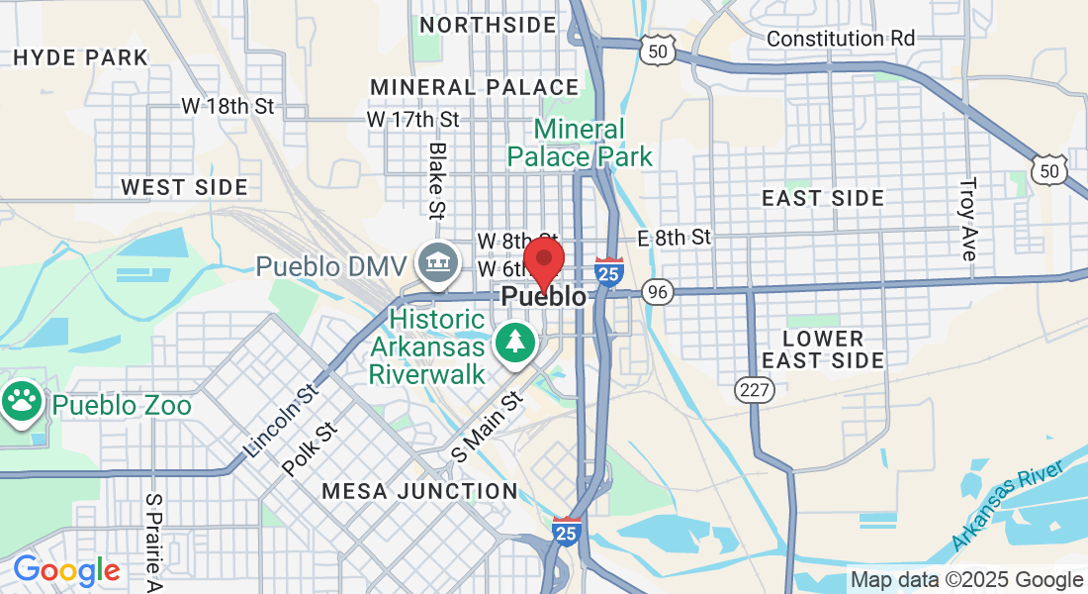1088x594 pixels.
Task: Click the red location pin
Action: click(543, 260)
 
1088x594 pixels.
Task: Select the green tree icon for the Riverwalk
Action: click(514, 343)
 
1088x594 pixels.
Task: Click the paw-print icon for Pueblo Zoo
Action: click(23, 401)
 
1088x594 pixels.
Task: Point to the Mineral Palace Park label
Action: click(581, 143)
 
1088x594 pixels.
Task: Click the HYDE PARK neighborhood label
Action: click(81, 57)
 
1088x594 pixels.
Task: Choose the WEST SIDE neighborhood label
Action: click(184, 187)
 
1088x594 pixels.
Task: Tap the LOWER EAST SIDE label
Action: click(823, 349)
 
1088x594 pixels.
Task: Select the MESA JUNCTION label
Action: click(419, 491)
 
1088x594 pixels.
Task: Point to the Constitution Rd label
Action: click(841, 39)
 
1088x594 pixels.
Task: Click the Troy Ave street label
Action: click(968, 219)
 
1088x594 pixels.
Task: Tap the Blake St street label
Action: click(436, 179)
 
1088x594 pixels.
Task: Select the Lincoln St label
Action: click(279, 421)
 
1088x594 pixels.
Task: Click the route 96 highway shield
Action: click(657, 292)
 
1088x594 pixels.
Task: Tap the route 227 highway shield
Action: click(754, 390)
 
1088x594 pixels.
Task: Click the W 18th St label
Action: click(227, 106)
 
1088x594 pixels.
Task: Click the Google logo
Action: click(66, 570)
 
